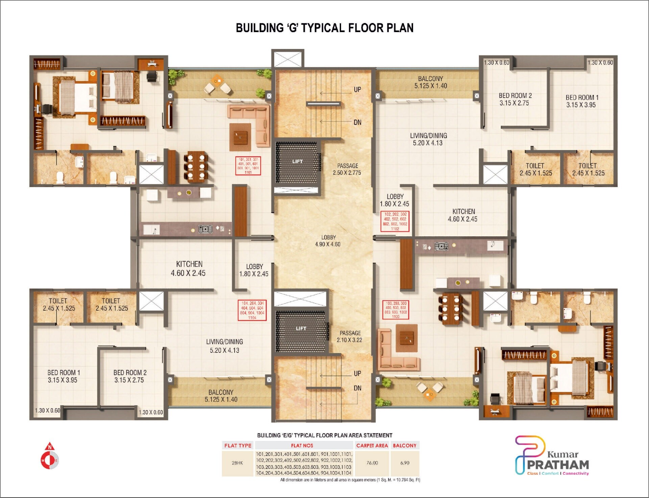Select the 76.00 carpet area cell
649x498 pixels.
point(372,463)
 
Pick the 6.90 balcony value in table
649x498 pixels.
point(405,463)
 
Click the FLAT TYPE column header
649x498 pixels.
point(238,445)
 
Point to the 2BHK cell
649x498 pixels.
point(237,463)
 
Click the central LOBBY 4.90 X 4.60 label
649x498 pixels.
point(328,241)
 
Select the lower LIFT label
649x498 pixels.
point(301,329)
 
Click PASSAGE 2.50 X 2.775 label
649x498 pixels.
point(347,169)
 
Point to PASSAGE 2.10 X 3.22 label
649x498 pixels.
point(350,337)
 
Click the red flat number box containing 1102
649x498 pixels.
point(395,221)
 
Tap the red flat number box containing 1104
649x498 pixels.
point(252,310)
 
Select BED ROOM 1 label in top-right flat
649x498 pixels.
point(582,101)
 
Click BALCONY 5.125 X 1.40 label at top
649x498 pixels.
point(430,82)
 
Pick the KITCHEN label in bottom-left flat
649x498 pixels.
point(189,268)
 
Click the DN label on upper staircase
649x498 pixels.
point(357,122)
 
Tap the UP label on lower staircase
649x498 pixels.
point(357,373)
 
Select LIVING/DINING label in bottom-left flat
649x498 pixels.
point(224,346)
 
